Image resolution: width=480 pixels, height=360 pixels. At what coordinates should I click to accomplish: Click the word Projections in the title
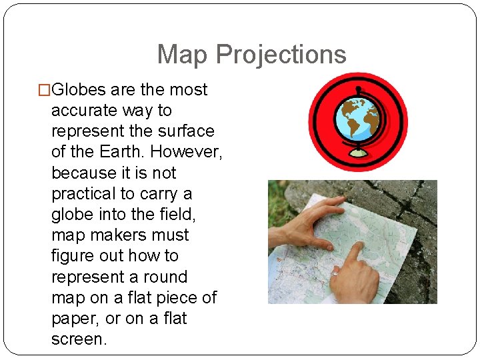281,55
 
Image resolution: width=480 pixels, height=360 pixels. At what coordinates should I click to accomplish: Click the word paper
73,319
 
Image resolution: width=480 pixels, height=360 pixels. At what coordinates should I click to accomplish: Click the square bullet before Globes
45,90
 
